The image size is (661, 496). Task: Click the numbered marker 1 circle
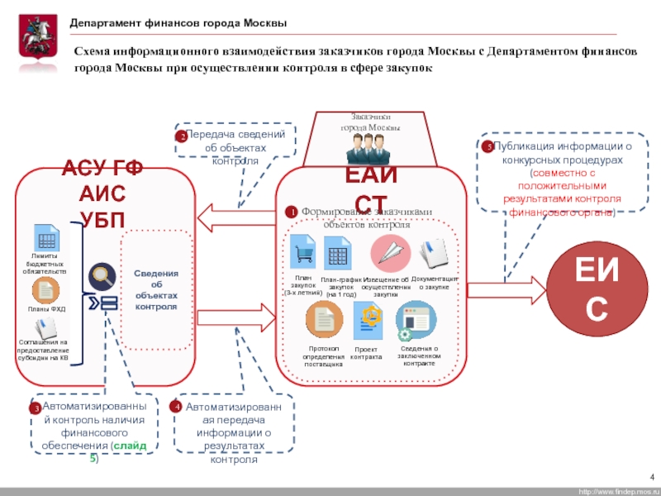pyautogui.click(x=291, y=212)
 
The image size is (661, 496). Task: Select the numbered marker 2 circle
pyautogui.click(x=181, y=136)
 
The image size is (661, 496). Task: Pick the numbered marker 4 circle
pyautogui.click(x=175, y=408)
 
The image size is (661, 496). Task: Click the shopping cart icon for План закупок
pyautogui.click(x=302, y=248)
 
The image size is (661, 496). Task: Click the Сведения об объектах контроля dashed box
pyautogui.click(x=156, y=290)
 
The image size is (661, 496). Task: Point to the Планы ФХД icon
pyautogui.click(x=45, y=290)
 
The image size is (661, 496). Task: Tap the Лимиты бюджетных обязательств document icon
pyautogui.click(x=45, y=240)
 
